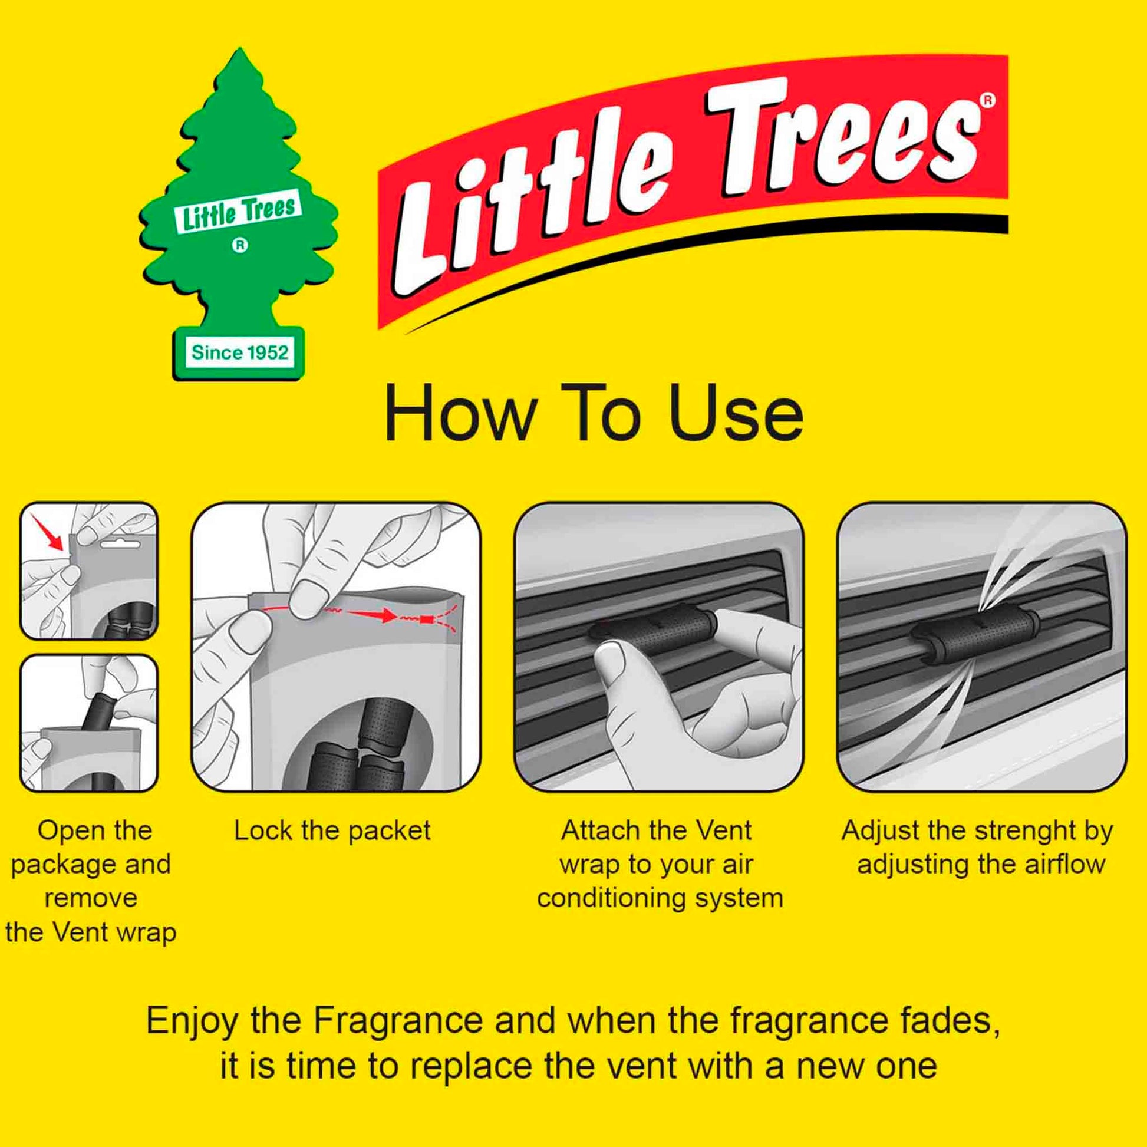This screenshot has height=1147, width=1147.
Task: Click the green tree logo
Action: tap(239, 214)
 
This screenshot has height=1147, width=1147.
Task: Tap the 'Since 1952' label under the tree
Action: tap(240, 352)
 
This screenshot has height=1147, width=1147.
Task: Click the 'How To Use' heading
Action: tap(594, 414)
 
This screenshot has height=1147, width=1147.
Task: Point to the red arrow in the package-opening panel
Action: tap(48, 531)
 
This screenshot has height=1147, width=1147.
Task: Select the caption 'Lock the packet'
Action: tap(332, 830)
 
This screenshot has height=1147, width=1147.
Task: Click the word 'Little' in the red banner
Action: tap(528, 202)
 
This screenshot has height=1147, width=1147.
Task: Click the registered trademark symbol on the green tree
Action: tap(239, 245)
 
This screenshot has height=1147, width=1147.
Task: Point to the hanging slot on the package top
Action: tap(120, 543)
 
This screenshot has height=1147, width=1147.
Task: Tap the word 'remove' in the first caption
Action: tap(91, 899)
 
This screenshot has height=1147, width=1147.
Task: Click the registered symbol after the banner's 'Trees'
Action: tap(987, 100)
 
